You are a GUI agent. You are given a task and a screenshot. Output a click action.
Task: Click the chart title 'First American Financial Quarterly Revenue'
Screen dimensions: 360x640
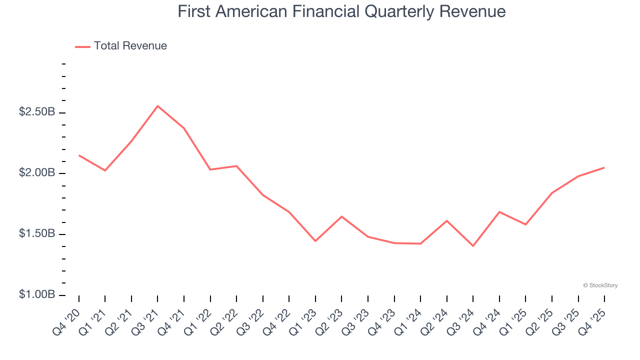[341, 11]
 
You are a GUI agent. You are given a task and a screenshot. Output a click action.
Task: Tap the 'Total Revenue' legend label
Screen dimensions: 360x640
[130, 46]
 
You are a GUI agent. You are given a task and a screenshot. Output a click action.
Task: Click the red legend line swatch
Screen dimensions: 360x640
[82, 46]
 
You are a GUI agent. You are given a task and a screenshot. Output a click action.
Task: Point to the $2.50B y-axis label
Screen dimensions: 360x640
[37, 112]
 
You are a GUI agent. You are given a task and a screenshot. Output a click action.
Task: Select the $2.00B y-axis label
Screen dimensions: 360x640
[37, 173]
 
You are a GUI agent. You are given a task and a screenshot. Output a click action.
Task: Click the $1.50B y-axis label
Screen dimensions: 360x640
[37, 234]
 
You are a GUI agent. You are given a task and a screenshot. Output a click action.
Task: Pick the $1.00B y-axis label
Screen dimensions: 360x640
[37, 294]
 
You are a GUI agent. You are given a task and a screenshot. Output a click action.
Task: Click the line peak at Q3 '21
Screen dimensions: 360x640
[157, 106]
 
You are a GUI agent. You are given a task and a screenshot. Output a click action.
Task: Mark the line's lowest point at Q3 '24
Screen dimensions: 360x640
[473, 246]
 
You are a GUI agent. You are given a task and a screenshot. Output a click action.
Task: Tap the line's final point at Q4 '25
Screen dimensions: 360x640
[604, 167]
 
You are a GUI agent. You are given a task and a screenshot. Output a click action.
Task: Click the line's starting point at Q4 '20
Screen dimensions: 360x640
[79, 155]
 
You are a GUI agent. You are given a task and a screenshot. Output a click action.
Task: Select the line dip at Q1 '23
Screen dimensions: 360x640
[315, 241]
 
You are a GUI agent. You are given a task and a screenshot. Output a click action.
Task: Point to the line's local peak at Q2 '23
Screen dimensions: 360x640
[341, 216]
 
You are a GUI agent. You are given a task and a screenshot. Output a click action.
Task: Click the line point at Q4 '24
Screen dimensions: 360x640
[499, 212]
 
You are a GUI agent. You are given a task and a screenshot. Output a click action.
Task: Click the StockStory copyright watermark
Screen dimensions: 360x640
[600, 285]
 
